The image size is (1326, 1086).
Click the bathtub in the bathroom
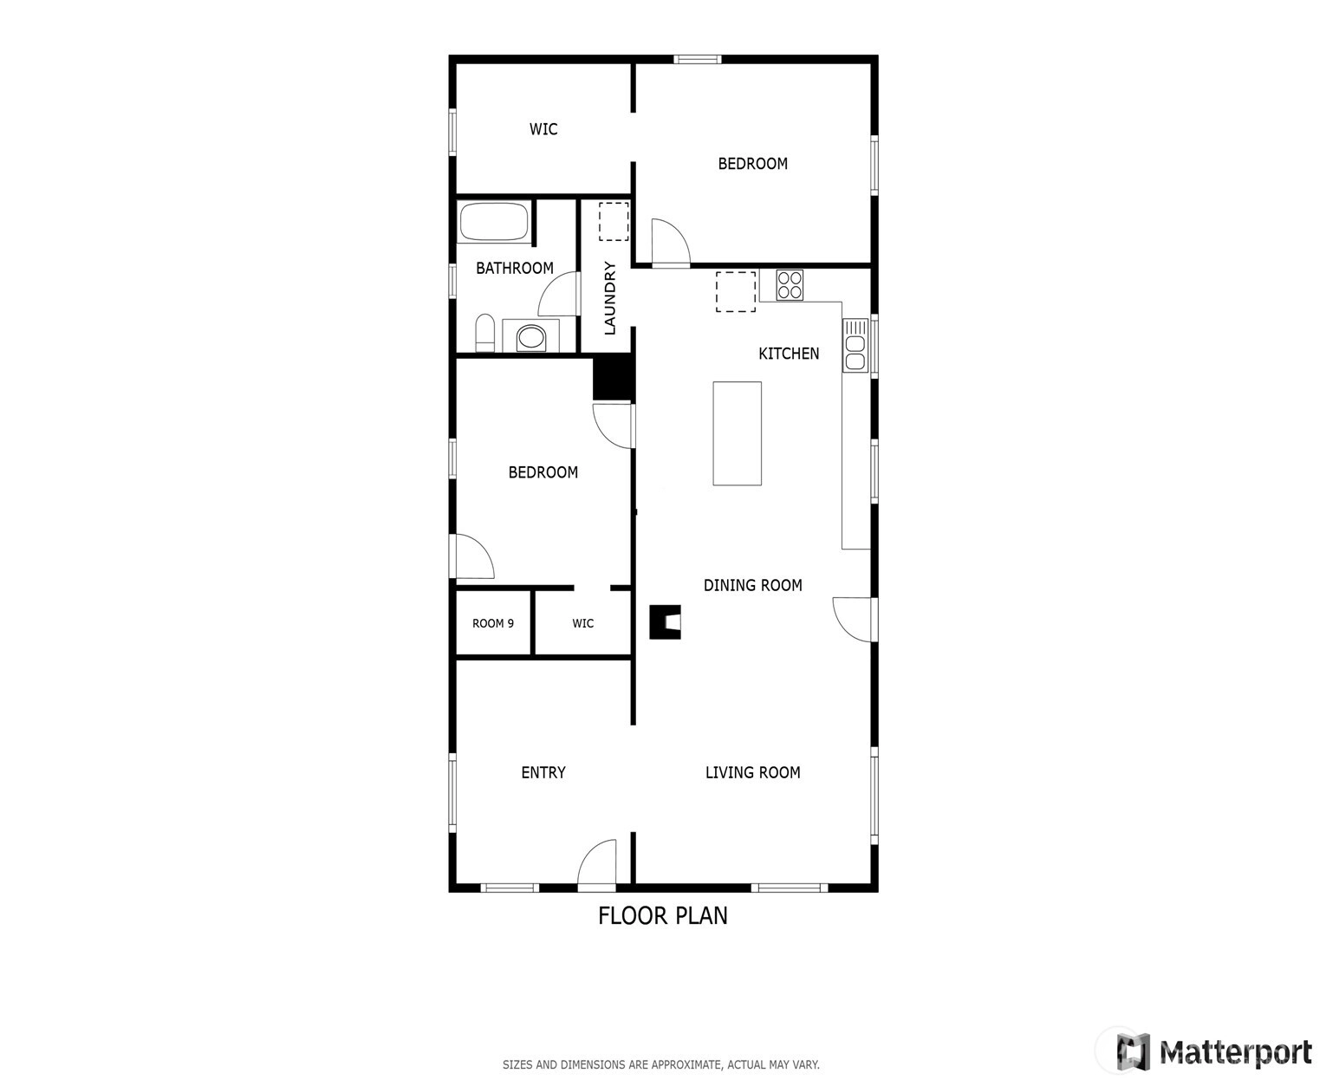(493, 221)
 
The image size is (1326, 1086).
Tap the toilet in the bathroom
(484, 332)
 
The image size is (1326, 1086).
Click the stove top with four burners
(789, 285)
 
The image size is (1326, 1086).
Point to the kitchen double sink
(855, 345)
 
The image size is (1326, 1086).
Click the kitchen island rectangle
(737, 433)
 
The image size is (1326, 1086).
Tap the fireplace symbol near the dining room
(666, 622)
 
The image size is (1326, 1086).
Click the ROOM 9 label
(493, 623)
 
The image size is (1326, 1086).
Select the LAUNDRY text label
(610, 298)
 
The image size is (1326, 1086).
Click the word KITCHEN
(789, 354)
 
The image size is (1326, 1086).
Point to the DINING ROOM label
(752, 585)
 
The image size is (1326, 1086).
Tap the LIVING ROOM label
(752, 772)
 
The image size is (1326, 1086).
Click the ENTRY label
(543, 772)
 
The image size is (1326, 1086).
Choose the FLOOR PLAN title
(663, 916)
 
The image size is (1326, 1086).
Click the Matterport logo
(1214, 1051)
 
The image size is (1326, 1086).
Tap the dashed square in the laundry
(614, 221)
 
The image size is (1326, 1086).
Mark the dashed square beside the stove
(736, 292)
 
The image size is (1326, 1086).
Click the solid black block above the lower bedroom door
(614, 377)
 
